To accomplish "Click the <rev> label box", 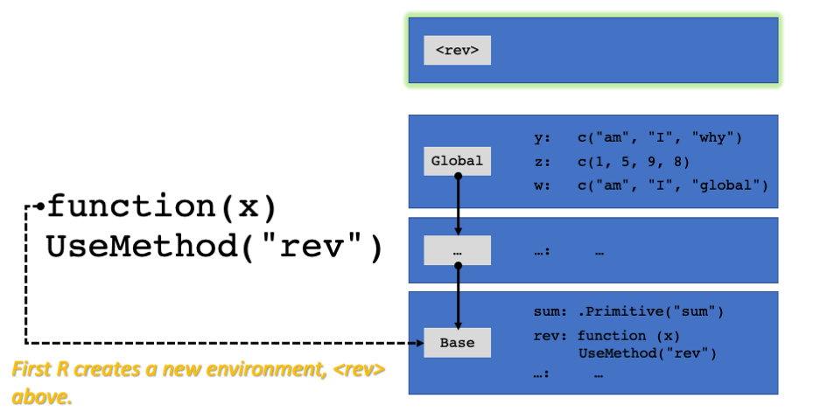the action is coord(457,50).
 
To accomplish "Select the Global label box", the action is coord(457,161).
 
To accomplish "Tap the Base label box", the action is coord(457,343).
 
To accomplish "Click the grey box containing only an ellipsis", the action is coord(457,250).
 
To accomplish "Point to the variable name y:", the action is coord(542,137).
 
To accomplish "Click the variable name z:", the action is coord(542,162).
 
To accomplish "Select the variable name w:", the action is coord(542,185).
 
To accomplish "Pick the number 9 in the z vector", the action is coord(652,161).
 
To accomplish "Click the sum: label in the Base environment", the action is coord(550,311).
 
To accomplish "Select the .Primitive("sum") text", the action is coord(650,311).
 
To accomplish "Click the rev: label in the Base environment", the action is coord(550,336).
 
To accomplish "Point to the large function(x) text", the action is coord(162,206).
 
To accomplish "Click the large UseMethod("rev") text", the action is coord(214,247).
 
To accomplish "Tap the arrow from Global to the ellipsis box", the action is coord(458,206).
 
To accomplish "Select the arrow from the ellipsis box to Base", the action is coord(458,297).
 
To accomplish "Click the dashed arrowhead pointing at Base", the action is coord(420,343).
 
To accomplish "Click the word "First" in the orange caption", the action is coord(31,369).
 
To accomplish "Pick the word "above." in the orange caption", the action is coord(41,396).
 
